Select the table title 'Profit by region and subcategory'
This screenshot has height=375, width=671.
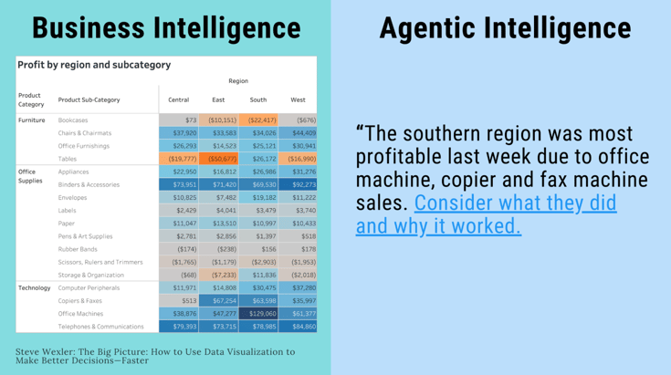pyautogui.click(x=93, y=65)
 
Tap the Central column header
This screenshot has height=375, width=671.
pyautogui.click(x=179, y=99)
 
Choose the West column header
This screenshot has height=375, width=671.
pyautogui.click(x=298, y=99)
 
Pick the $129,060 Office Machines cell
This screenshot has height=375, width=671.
pyautogui.click(x=258, y=314)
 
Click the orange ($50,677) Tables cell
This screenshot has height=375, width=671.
pyautogui.click(x=219, y=159)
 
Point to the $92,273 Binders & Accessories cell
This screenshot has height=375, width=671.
pyautogui.click(x=298, y=184)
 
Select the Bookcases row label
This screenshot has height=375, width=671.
pyautogui.click(x=73, y=120)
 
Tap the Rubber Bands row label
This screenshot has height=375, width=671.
pyautogui.click(x=78, y=249)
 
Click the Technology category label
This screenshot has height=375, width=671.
pyautogui.click(x=34, y=287)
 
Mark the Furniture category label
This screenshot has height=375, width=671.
pyautogui.click(x=31, y=120)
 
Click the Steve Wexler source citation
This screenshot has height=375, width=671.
pyautogui.click(x=154, y=355)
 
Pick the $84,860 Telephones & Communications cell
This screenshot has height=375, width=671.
pyautogui.click(x=298, y=327)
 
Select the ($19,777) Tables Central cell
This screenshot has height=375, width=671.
pyautogui.click(x=179, y=159)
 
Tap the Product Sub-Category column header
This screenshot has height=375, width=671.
pyautogui.click(x=89, y=99)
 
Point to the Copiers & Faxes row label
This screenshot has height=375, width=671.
pyautogui.click(x=80, y=300)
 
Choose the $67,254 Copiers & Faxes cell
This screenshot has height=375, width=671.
pyautogui.click(x=219, y=300)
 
